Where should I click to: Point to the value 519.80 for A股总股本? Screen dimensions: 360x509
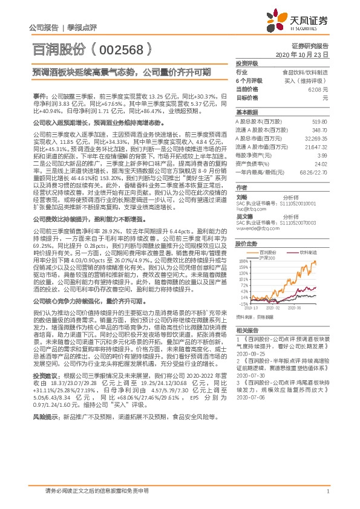coord(320,122)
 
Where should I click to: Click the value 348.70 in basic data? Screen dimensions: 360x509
coord(320,130)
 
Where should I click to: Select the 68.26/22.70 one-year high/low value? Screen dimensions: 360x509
coord(315,173)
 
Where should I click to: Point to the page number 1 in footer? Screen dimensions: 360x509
coord(327,491)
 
